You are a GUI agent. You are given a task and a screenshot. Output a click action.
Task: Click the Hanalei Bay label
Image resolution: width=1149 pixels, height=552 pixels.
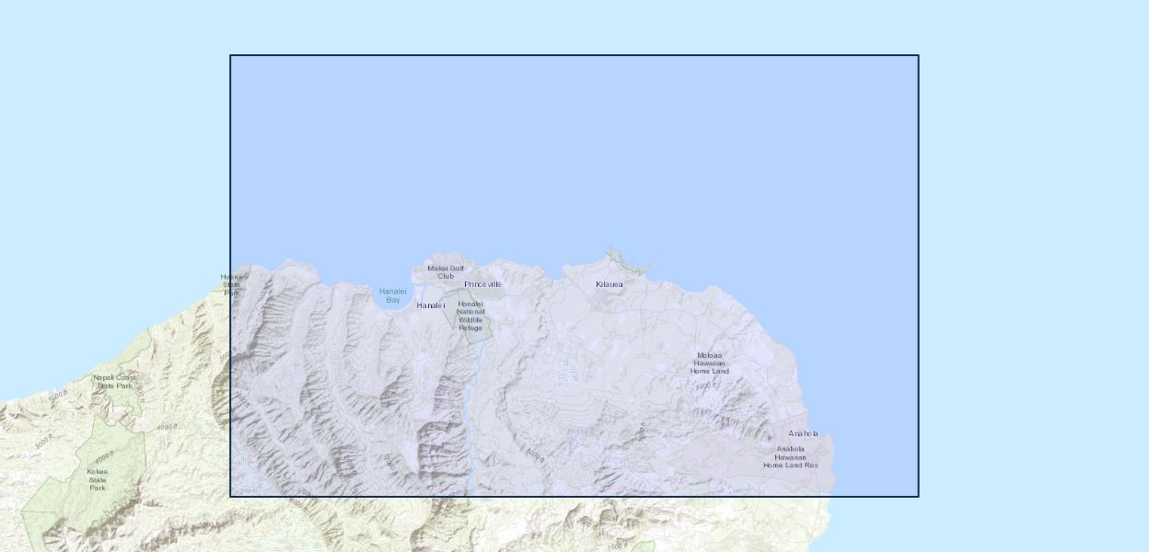pyautogui.click(x=393, y=295)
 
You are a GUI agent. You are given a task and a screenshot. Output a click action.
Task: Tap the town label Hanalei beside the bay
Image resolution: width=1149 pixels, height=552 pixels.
pyautogui.click(x=430, y=305)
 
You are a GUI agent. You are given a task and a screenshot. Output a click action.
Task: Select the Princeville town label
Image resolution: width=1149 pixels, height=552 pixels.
pyautogui.click(x=482, y=284)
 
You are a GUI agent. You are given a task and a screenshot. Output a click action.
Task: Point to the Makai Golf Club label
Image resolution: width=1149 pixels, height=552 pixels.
pyautogui.click(x=446, y=271)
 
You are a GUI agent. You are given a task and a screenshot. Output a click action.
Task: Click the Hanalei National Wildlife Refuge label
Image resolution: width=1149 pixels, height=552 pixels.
pyautogui.click(x=470, y=316)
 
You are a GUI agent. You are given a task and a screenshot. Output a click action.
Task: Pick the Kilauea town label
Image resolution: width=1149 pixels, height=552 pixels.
pyautogui.click(x=609, y=283)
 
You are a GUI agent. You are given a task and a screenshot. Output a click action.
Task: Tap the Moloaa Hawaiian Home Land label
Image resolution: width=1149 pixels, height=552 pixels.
pyautogui.click(x=709, y=362)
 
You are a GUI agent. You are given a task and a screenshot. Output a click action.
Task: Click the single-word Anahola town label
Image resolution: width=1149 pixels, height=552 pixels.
pyautogui.click(x=803, y=433)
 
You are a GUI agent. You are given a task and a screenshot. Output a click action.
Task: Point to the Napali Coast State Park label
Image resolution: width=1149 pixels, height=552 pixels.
pyautogui.click(x=113, y=381)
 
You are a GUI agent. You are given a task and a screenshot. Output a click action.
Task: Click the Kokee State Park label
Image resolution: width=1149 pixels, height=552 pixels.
pyautogui.click(x=98, y=479)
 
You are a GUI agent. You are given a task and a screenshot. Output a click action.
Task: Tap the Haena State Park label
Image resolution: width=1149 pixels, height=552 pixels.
pyautogui.click(x=232, y=284)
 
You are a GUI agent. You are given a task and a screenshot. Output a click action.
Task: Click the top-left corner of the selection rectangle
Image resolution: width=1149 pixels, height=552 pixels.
pyautogui.click(x=230, y=55)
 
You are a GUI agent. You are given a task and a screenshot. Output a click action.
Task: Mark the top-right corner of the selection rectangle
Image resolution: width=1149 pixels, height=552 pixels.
pyautogui.click(x=918, y=55)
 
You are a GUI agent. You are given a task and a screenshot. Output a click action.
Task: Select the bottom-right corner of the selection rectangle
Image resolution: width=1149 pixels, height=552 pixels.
pyautogui.click(x=918, y=497)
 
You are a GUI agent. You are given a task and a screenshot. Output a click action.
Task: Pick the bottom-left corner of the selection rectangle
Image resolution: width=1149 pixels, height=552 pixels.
pyautogui.click(x=230, y=497)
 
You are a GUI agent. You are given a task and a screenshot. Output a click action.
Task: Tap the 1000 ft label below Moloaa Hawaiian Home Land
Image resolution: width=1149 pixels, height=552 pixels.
pyautogui.click(x=705, y=386)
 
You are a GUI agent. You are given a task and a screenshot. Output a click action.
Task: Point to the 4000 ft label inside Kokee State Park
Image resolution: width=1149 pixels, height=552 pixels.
pyautogui.click(x=103, y=455)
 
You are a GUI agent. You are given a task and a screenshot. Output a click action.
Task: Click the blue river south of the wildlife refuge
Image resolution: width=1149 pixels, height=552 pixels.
pyautogui.click(x=470, y=386)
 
